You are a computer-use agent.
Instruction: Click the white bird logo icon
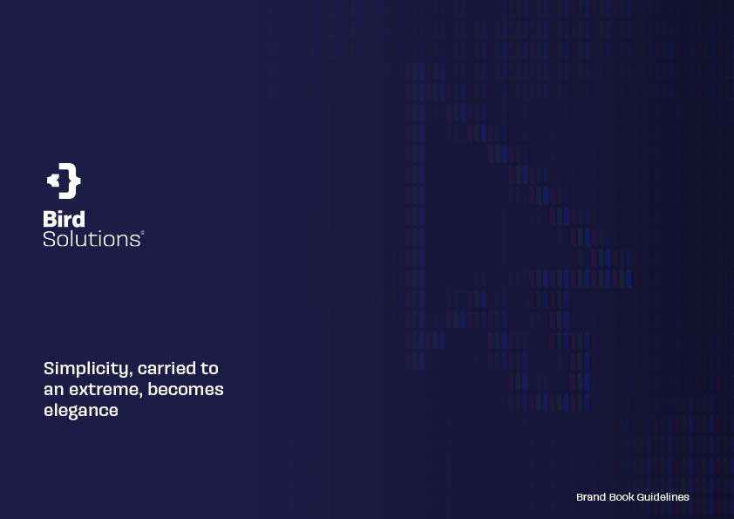pyautogui.click(x=64, y=181)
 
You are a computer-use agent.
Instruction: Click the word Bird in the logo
pyautogui.click(x=65, y=219)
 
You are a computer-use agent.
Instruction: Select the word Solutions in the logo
pyautogui.click(x=92, y=239)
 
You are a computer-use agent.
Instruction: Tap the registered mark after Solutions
pyautogui.click(x=142, y=232)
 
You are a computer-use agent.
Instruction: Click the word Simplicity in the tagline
pyautogui.click(x=85, y=369)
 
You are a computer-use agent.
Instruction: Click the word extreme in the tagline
pyautogui.click(x=106, y=390)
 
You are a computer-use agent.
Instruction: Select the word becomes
pyautogui.click(x=186, y=389)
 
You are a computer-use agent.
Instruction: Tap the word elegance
pyautogui.click(x=81, y=411)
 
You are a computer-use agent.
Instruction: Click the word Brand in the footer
pyautogui.click(x=591, y=497)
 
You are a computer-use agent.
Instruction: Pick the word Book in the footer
pyautogui.click(x=622, y=497)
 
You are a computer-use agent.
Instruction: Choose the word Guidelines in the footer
pyautogui.click(x=663, y=497)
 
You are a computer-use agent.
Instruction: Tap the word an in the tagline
pyautogui.click(x=54, y=390)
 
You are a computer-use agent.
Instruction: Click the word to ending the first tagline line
pyautogui.click(x=210, y=369)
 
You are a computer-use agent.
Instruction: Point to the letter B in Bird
pyautogui.click(x=50, y=219)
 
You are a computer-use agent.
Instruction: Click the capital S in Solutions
pyautogui.click(x=49, y=239)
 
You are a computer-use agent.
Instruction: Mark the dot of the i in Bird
pyautogui.click(x=61, y=213)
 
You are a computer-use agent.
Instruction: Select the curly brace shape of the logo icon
pyautogui.click(x=71, y=181)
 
